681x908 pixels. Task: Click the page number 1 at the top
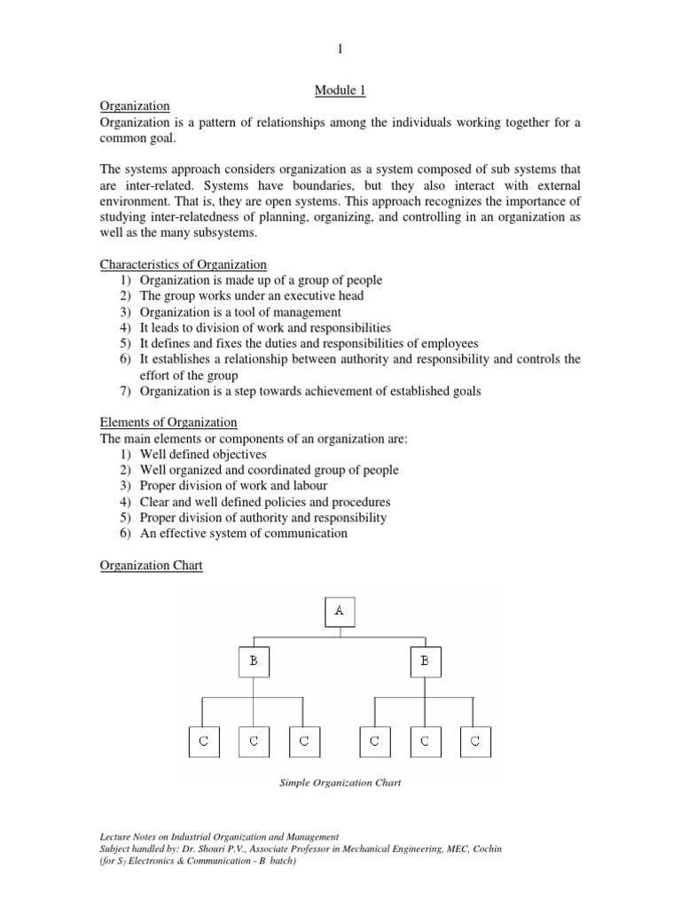[x=340, y=51]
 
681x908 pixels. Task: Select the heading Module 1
[x=340, y=90]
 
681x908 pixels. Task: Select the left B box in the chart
[x=254, y=661]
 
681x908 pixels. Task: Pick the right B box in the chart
[x=426, y=661]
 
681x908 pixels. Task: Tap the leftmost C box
[x=203, y=741]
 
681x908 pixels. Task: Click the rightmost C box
[x=475, y=741]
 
